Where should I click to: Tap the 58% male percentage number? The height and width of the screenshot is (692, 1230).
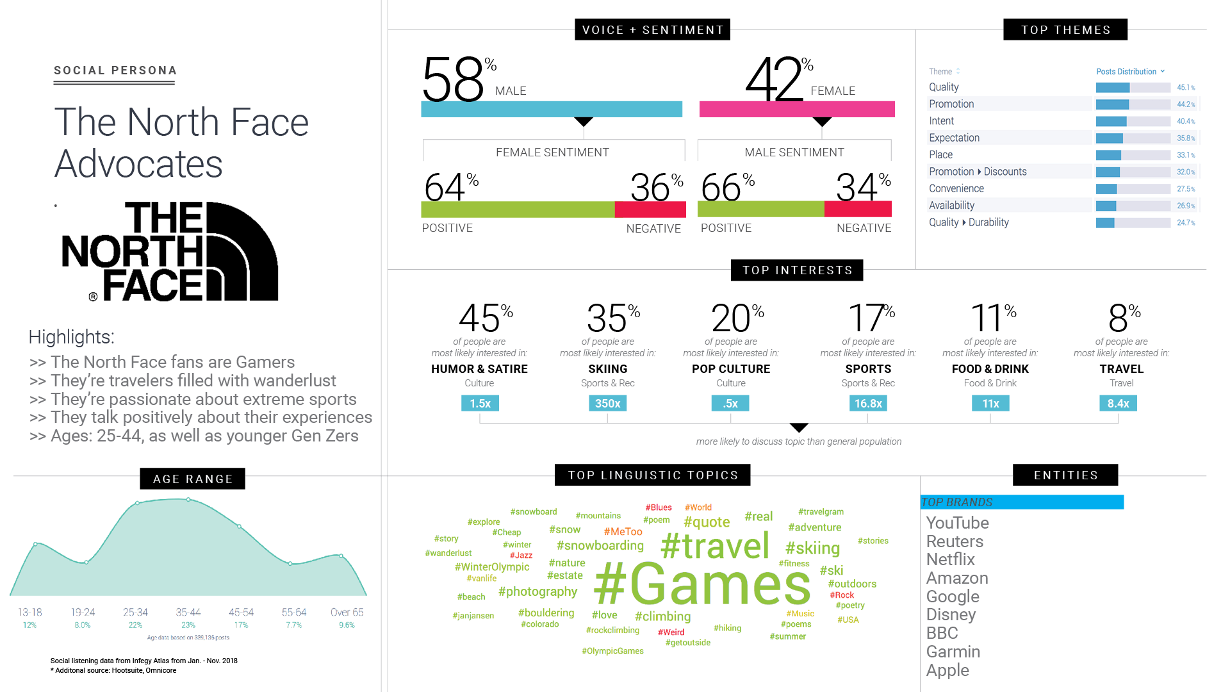click(453, 80)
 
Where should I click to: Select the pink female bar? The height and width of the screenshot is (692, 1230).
click(796, 109)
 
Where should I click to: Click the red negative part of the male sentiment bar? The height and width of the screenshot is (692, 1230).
click(857, 209)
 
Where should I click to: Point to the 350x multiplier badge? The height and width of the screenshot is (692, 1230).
click(607, 404)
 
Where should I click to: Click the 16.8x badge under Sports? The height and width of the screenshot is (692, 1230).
click(868, 404)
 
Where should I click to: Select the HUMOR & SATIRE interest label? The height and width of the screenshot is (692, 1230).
click(479, 369)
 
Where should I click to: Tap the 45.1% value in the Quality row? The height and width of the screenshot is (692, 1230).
click(1185, 88)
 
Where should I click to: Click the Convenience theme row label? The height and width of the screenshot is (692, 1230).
click(956, 188)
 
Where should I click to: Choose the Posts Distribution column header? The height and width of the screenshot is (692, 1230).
click(1126, 72)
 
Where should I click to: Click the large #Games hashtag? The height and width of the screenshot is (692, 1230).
click(702, 584)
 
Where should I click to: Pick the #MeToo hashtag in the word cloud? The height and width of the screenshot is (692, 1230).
click(623, 532)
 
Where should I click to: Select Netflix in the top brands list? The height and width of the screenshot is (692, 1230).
click(950, 559)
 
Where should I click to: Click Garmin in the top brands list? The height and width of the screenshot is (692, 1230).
click(953, 652)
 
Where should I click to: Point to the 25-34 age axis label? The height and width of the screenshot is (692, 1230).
click(135, 613)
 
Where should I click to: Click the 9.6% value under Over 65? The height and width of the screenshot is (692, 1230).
click(347, 625)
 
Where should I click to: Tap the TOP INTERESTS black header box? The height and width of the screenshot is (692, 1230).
click(797, 270)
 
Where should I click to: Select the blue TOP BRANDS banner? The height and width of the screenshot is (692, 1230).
click(1021, 502)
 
